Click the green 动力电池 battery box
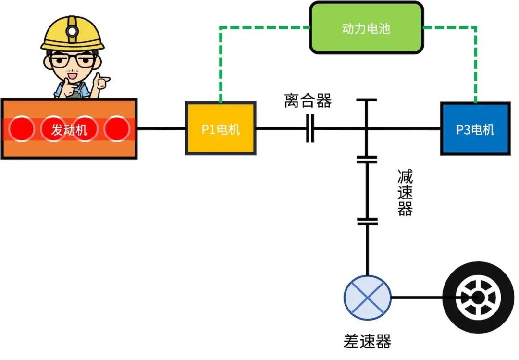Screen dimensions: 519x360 pos(366,28)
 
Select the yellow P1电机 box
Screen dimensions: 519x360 pos(221,128)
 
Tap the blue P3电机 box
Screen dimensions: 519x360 pos(475,128)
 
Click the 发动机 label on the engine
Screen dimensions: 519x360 pos(69,129)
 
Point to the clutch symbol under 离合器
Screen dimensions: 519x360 pos(310,129)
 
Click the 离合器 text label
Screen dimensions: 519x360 pos(308,101)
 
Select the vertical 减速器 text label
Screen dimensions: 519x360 pos(405,192)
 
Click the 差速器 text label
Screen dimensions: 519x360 pos(368,341)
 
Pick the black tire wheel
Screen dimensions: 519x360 pos(478,298)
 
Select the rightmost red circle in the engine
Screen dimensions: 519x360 pos(117,129)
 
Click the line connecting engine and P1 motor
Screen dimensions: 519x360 pos(161,128)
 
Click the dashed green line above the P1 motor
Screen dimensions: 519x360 pos(220,62)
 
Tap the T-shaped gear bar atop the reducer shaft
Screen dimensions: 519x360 pos(367,100)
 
